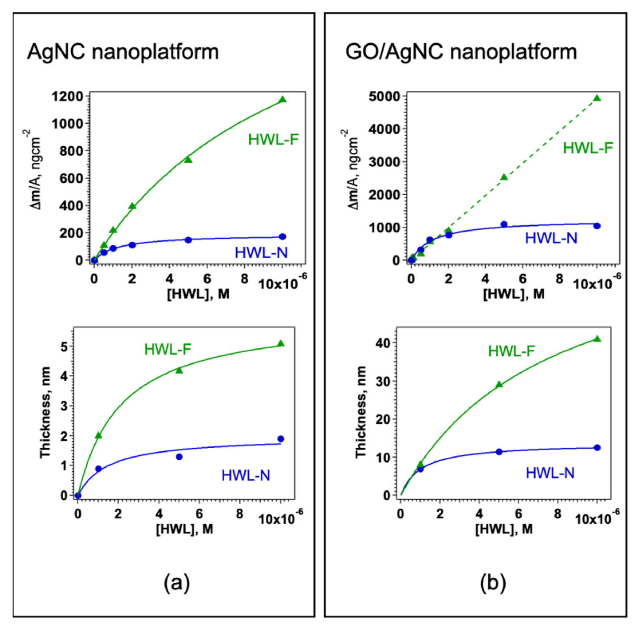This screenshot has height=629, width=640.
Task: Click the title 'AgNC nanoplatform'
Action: click(123, 52)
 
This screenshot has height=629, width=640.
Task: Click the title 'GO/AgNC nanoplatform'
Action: click(461, 52)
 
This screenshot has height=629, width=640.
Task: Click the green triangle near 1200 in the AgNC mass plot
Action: click(283, 100)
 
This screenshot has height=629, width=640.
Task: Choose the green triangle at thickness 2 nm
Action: click(98, 436)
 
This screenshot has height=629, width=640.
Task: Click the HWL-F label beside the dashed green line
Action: click(588, 148)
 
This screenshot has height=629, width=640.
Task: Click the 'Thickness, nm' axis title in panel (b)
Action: click(362, 412)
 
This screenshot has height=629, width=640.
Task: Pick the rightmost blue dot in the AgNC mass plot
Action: click(283, 237)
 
